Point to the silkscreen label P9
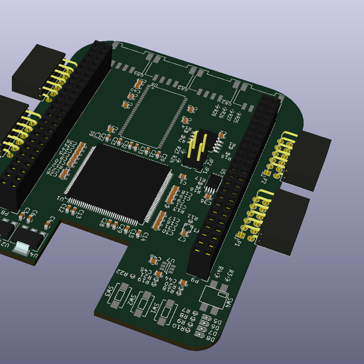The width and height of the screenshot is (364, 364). click(x=193, y=281)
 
